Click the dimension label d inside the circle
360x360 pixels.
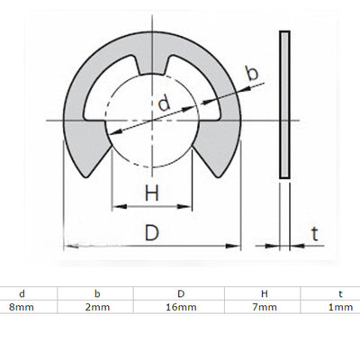pyautogui.click(x=163, y=104)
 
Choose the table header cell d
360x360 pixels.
pyautogui.click(x=21, y=293)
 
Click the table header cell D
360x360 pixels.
pyautogui.click(x=180, y=293)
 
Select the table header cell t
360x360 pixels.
pyautogui.click(x=340, y=293)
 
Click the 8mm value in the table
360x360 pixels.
pyautogui.click(x=16, y=308)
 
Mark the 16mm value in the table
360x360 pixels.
pyautogui.click(x=180, y=308)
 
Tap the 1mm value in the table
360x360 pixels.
pyautogui.click(x=340, y=308)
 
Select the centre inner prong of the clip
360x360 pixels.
pyautogui.click(x=153, y=65)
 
